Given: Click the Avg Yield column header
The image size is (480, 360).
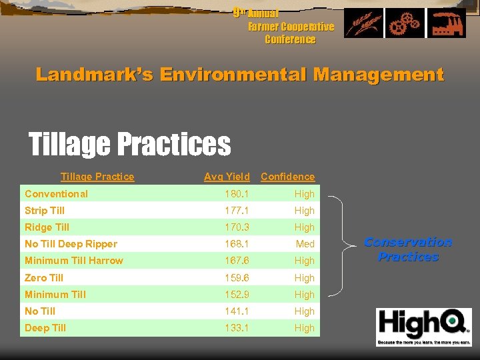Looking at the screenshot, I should pos(227,177).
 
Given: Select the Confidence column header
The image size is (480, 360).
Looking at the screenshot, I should pos(287,177).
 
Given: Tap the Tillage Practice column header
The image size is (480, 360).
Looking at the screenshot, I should pos(97,177).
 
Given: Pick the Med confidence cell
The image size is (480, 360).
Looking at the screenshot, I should pos(305,244).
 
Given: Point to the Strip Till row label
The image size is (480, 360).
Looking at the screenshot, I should pos(44,211).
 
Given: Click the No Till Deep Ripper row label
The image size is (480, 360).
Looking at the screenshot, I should pos(71,244).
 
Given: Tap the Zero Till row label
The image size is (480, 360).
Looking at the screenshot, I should pos(44,277).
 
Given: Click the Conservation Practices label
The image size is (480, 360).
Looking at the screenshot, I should pos(408,249).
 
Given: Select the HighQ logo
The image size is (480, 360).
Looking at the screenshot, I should pos(423,326).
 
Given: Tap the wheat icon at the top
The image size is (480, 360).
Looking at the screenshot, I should pos(363,23).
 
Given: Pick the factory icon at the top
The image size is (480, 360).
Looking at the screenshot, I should pos(447,23).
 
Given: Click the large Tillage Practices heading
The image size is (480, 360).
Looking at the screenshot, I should pos(129,143).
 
